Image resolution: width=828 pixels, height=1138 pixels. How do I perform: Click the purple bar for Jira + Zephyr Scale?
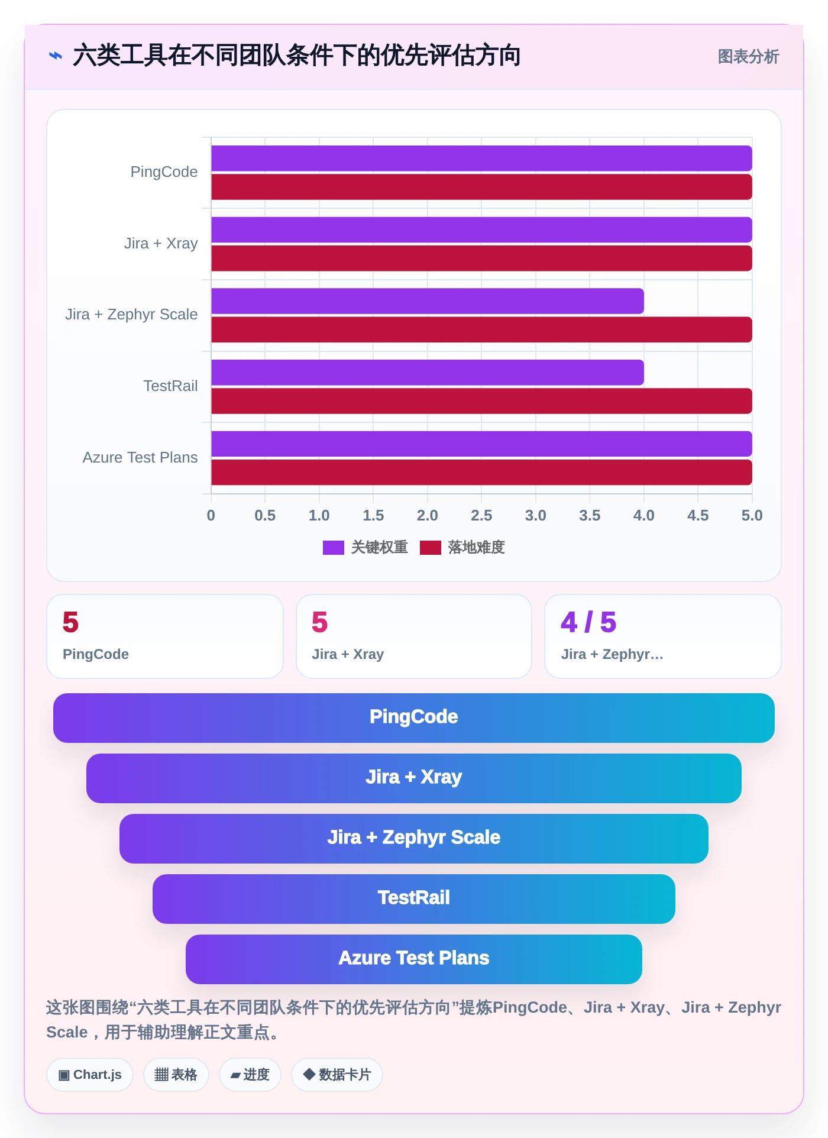click(428, 301)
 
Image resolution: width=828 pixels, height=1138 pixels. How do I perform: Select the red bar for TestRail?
click(481, 401)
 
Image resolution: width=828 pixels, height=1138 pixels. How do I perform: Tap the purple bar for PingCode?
click(481, 159)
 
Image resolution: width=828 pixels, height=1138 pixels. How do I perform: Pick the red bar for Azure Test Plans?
click(481, 473)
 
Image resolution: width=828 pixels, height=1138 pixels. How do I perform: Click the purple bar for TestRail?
click(428, 373)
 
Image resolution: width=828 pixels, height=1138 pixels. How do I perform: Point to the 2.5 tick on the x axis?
click(481, 516)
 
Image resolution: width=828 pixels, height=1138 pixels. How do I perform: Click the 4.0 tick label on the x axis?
click(644, 516)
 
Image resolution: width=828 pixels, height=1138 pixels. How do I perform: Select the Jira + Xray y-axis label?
click(161, 244)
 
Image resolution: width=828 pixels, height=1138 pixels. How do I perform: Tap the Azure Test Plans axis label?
click(140, 458)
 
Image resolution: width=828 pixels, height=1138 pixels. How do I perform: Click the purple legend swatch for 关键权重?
click(334, 548)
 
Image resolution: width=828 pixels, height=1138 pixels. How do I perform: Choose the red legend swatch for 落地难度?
click(431, 548)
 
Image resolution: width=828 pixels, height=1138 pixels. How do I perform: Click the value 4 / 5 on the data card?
click(588, 622)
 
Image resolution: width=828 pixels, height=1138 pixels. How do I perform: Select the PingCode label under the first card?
click(96, 654)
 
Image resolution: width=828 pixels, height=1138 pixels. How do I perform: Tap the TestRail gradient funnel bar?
click(414, 899)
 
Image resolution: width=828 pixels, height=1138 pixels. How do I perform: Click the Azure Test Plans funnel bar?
click(414, 959)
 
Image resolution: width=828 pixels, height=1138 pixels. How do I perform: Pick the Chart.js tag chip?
click(90, 1075)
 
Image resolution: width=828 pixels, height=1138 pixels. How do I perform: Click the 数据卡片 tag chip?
click(337, 1075)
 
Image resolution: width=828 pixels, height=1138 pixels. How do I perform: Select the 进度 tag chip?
click(250, 1075)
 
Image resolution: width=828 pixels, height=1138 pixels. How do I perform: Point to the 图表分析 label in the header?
click(748, 57)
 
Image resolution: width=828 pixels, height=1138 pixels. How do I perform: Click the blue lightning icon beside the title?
click(56, 56)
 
